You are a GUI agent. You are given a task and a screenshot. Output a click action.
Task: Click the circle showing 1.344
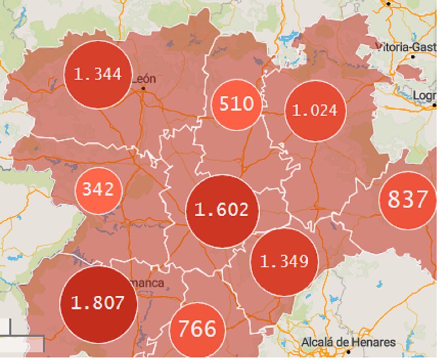pyautogui.click(x=98, y=75)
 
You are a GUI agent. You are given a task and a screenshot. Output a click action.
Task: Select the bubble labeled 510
pyautogui.click(x=236, y=104)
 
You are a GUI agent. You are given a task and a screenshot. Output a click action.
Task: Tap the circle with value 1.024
pyautogui.click(x=315, y=111)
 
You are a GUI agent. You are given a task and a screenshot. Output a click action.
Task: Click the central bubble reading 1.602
pyautogui.click(x=222, y=211)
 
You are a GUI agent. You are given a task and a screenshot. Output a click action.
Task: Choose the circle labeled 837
pyautogui.click(x=407, y=200)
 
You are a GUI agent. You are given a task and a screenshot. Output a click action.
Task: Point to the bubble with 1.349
pyautogui.click(x=284, y=262)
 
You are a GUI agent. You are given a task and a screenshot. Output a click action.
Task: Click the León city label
pyautogui.click(x=144, y=79)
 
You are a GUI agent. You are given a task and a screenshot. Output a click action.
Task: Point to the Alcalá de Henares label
pyautogui.click(x=348, y=342)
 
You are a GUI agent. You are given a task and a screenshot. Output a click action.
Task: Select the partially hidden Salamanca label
pyautogui.click(x=149, y=283)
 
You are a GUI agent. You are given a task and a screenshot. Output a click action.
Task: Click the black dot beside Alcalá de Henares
pyautogui.click(x=347, y=352)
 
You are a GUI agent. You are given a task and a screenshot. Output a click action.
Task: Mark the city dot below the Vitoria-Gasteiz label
pyautogui.click(x=413, y=57)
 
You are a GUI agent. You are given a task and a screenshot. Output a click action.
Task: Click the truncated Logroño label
pyautogui.click(x=424, y=96)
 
